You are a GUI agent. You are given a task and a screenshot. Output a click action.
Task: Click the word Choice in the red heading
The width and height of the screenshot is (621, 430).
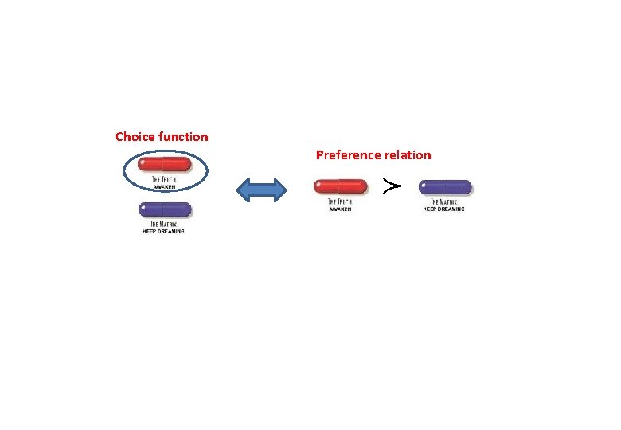(135, 137)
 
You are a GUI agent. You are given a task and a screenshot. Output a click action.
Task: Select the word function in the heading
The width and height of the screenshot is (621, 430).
(183, 137)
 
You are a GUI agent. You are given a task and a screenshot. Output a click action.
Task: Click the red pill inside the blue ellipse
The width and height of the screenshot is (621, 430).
(165, 165)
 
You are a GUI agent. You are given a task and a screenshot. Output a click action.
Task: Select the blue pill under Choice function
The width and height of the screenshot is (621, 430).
(165, 209)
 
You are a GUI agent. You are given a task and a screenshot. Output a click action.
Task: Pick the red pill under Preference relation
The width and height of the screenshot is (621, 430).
(340, 187)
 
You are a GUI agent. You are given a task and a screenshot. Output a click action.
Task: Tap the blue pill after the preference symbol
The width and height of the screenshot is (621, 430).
(447, 187)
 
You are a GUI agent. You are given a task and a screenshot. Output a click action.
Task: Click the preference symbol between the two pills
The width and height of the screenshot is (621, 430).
(391, 186)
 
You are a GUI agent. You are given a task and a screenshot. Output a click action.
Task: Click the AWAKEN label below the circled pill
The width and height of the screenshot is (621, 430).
(164, 186)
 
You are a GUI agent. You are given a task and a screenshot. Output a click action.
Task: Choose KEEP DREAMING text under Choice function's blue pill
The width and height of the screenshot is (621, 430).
(164, 231)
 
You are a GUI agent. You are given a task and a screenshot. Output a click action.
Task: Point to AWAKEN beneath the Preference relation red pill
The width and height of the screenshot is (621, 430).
(340, 209)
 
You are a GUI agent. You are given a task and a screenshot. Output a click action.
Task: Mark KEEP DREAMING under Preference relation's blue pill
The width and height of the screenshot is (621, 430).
(443, 209)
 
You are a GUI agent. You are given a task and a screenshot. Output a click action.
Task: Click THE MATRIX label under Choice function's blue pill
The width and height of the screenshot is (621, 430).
(164, 225)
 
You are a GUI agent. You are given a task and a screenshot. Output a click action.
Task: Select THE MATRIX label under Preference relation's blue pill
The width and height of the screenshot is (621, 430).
(443, 202)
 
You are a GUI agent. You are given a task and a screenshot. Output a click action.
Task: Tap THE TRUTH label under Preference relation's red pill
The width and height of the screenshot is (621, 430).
(340, 202)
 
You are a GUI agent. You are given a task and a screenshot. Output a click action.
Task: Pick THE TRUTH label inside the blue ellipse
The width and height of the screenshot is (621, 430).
(164, 181)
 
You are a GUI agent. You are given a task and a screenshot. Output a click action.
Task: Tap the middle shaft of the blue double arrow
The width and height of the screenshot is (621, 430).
(263, 189)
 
